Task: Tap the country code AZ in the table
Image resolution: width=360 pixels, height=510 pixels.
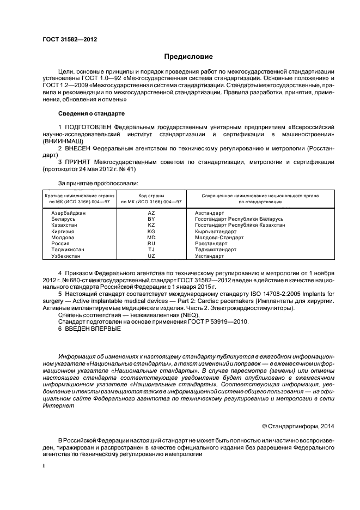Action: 151,213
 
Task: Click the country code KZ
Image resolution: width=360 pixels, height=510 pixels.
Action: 151,225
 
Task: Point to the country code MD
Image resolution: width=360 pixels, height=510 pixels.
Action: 151,238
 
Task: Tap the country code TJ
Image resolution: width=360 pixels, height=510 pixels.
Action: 151,250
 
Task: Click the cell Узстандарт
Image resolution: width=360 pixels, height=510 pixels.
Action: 209,256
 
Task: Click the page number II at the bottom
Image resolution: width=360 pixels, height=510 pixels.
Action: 45,467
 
